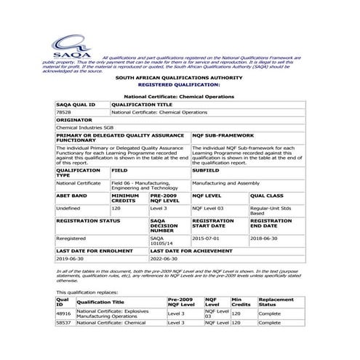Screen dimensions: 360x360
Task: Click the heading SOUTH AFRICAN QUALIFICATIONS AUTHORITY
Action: (180, 76)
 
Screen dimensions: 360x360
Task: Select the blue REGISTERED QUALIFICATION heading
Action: (180, 84)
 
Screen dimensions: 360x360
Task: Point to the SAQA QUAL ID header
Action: (76, 105)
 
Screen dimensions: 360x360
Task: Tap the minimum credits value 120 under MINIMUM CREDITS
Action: (116, 208)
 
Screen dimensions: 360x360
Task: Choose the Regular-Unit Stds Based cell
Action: (269, 211)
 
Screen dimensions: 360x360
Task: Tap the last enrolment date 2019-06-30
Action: (71, 258)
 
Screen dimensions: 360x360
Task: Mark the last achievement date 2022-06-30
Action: (164, 258)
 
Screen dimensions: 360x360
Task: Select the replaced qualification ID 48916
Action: (63, 313)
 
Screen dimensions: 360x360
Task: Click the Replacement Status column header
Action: (276, 302)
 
